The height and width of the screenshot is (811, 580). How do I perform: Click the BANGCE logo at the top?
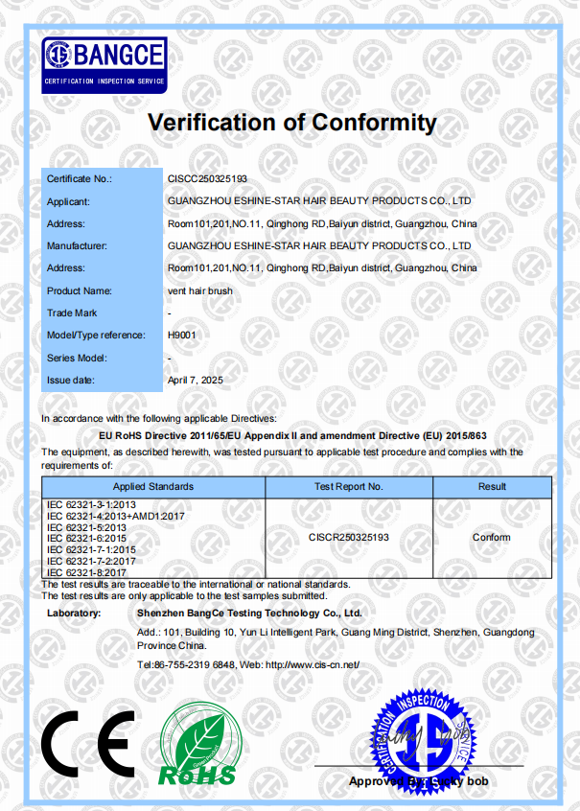pos(104,63)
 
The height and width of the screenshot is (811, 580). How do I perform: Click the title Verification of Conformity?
pos(291,123)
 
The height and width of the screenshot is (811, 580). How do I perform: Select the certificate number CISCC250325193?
pos(207,179)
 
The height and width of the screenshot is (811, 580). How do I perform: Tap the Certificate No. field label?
pos(80,179)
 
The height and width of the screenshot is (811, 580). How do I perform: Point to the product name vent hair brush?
pos(197,290)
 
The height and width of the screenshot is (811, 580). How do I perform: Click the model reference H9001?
pos(181,336)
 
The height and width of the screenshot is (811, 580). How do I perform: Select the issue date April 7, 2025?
pos(195,381)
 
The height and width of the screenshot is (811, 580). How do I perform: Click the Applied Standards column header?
pos(153,487)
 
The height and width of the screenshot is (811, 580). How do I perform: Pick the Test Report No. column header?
pos(349,487)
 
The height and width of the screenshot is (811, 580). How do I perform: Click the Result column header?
pos(492,487)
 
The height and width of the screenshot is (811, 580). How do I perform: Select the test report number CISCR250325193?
pos(349,538)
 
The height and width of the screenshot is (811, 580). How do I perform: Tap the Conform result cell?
pos(492,538)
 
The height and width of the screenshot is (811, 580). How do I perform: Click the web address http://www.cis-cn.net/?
pos(312,664)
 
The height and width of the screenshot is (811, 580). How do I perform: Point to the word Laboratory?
pos(74,613)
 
